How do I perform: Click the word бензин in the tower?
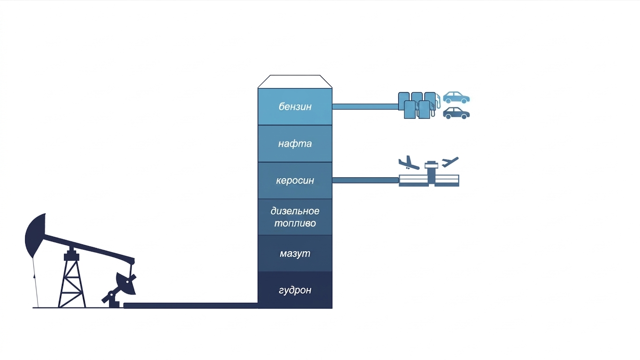tap(295, 107)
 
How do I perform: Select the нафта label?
tap(295, 143)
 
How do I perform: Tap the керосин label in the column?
tap(295, 180)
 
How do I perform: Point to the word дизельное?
tap(295, 211)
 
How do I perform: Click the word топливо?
tap(295, 223)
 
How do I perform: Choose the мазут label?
tap(295, 254)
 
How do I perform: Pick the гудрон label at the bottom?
tap(295, 290)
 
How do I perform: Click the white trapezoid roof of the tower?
tap(295, 82)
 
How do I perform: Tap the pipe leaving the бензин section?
tap(365, 107)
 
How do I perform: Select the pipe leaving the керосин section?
tap(365, 180)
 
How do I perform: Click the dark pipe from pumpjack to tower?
tap(191, 306)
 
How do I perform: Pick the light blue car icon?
tap(456, 97)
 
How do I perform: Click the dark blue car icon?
tap(456, 113)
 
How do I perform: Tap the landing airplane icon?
tap(409, 163)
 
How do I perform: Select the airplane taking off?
tap(450, 162)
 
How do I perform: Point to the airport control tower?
tap(431, 172)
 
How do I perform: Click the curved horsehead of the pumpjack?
tap(36, 235)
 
